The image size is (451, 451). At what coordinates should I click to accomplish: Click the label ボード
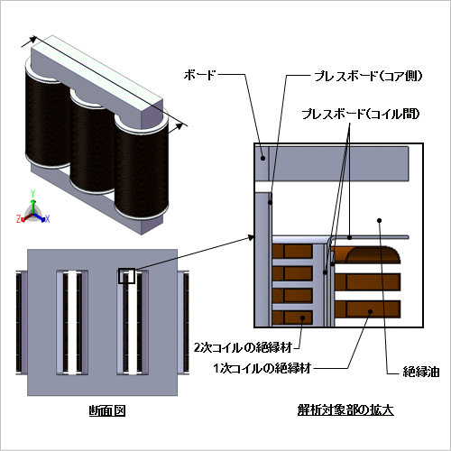point(199,75)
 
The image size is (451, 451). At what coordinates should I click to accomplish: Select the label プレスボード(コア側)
point(368,76)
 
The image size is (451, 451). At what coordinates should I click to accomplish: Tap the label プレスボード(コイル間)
point(361,114)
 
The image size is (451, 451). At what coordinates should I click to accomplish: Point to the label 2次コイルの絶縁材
point(243,347)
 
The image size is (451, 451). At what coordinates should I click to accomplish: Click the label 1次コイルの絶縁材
point(262,368)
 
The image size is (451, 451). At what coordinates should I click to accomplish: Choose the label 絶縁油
point(421,372)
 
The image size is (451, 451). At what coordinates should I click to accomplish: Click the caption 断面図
point(107,410)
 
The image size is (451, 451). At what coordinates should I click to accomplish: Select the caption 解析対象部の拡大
point(345,410)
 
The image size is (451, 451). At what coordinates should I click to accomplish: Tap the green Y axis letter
point(33,194)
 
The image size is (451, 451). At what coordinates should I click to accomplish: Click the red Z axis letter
point(18,219)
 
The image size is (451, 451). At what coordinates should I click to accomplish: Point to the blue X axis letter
point(47,219)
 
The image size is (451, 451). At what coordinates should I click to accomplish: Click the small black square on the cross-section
point(126,276)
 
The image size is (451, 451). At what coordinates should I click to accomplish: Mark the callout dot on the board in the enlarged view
point(262,158)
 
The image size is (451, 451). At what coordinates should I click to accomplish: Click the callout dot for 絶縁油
point(380,220)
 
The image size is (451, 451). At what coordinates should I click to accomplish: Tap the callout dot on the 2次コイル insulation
point(302,318)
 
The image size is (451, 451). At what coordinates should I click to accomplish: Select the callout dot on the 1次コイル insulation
point(371,311)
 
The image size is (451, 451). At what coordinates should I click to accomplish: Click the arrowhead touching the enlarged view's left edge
point(251,238)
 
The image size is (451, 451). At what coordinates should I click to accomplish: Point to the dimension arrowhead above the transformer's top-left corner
point(33,40)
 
